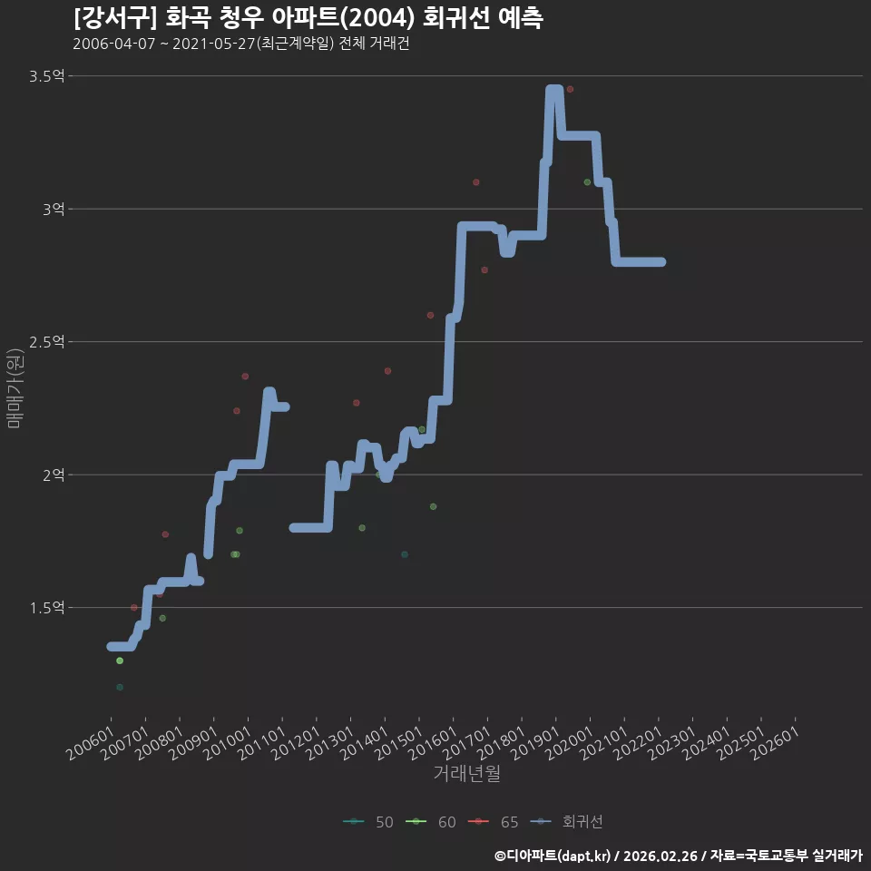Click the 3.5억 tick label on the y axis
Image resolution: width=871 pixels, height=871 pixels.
pos(46,76)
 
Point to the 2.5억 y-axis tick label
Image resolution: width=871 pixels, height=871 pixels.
pos(46,342)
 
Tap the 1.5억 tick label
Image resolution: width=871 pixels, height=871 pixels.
pos(46,608)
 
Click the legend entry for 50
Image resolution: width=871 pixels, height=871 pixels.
pos(368,822)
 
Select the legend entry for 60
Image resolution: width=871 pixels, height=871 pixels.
pos(431,822)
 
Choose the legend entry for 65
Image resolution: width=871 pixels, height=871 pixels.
pos(494,822)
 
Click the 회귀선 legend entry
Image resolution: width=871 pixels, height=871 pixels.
pos(566,822)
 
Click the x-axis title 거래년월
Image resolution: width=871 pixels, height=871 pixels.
pos(466,773)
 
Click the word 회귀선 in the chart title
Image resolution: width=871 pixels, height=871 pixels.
pos(456,18)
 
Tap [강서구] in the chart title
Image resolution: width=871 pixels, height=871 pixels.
pos(115,18)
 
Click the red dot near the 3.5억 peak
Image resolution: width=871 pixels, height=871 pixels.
pos(570,90)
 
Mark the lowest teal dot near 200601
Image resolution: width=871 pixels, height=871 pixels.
pos(120,687)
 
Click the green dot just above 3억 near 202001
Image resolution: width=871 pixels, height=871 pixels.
pos(587,182)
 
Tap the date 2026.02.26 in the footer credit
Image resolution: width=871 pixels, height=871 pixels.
pos(660,856)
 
